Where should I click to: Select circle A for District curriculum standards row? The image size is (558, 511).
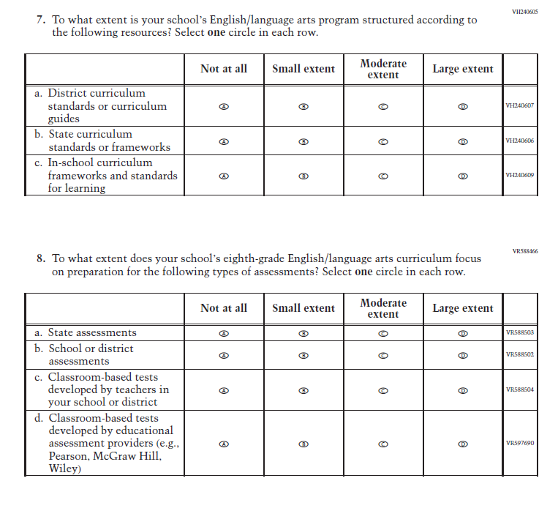coord(224,106)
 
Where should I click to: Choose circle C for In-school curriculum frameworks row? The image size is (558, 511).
coord(382,176)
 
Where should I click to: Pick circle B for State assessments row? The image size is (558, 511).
coord(303,333)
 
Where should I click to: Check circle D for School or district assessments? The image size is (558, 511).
coord(462,355)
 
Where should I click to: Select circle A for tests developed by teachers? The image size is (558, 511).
coord(224,390)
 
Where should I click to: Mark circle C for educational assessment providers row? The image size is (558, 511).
coord(382,444)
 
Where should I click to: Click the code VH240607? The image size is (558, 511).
coord(519,106)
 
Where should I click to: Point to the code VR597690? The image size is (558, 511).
coord(519,444)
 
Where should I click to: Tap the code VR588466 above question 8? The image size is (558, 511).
coord(524,251)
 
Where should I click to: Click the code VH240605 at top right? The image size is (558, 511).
coord(524,12)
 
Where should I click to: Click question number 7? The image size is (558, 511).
coord(41,20)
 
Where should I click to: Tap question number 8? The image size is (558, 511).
coord(41,259)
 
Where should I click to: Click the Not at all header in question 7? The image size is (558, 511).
coord(224,69)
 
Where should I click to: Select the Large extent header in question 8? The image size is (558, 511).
coord(462,308)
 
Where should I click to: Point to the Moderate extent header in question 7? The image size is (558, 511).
coord(382,69)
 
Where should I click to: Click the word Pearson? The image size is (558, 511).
coord(68,456)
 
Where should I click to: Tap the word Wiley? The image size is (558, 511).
coord(64,469)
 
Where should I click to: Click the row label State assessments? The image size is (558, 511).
coord(92,333)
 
